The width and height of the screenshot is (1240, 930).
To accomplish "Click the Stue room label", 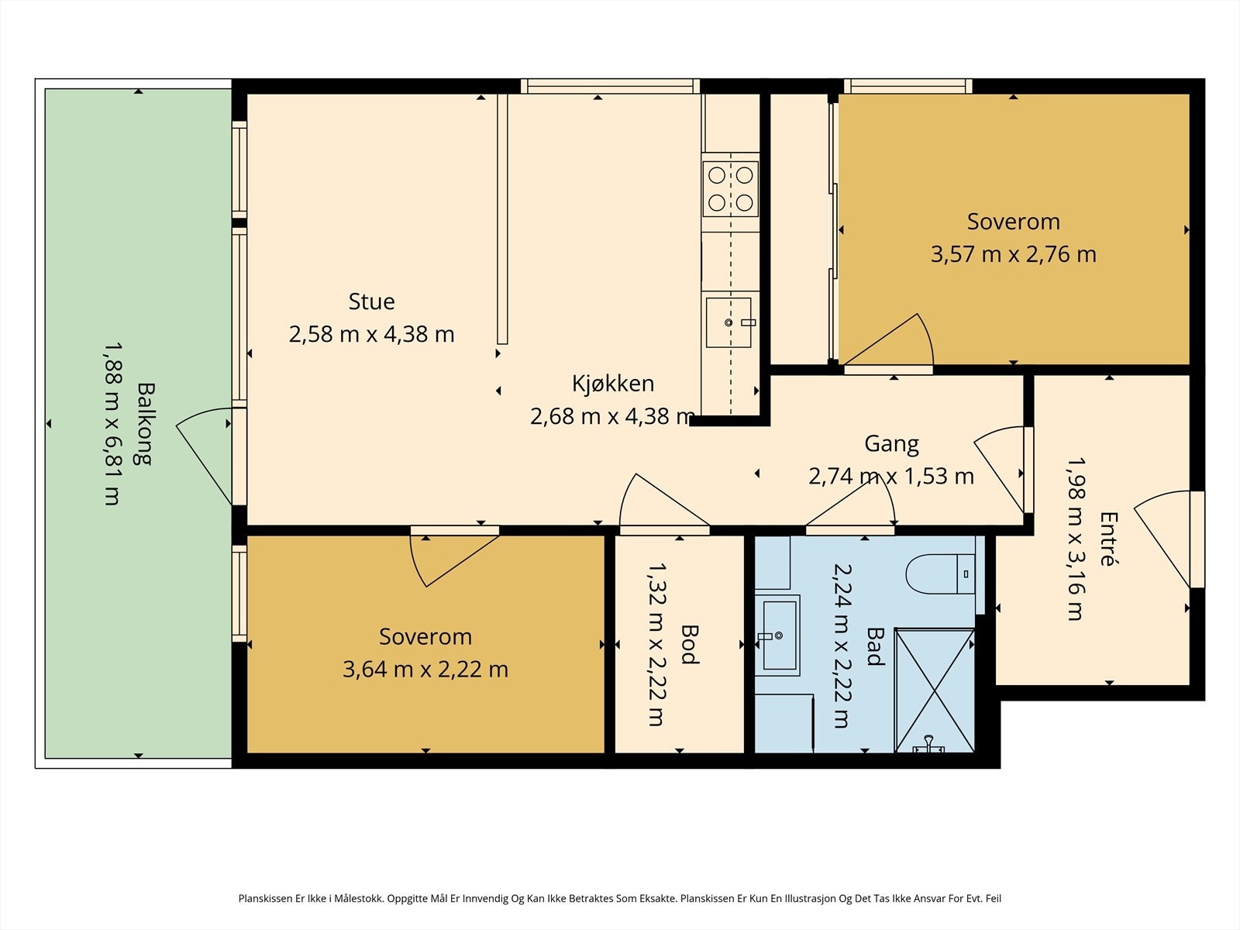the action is coord(371,301).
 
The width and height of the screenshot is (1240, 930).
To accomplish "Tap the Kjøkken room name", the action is coord(613,384).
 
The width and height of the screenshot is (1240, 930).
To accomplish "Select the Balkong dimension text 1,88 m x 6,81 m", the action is coord(112,423).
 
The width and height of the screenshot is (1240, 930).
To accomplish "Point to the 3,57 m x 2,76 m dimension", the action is coord(1014,254).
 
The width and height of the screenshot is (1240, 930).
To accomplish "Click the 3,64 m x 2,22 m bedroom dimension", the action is coord(425,669).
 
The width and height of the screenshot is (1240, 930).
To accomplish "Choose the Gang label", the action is coord(891,444).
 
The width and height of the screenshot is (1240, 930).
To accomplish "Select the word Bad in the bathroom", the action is coord(875,646).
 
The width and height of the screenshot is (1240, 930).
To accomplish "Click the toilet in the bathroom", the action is coord(940,573).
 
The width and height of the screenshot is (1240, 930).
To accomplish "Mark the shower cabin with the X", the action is coord(935,691).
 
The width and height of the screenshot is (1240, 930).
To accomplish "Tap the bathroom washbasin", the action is coord(779,635).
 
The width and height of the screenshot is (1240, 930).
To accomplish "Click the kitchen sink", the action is coord(728,322).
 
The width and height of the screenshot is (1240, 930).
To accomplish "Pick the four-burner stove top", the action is coord(731,189).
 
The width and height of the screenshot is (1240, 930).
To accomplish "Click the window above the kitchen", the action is coord(610,86).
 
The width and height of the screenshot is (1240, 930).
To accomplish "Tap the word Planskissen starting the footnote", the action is coord(266,898).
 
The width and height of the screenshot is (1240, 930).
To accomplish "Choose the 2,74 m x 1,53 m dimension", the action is coord(891,477).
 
